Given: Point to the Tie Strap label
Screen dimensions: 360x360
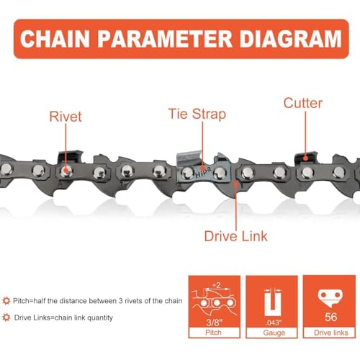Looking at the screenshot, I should click(x=197, y=113).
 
